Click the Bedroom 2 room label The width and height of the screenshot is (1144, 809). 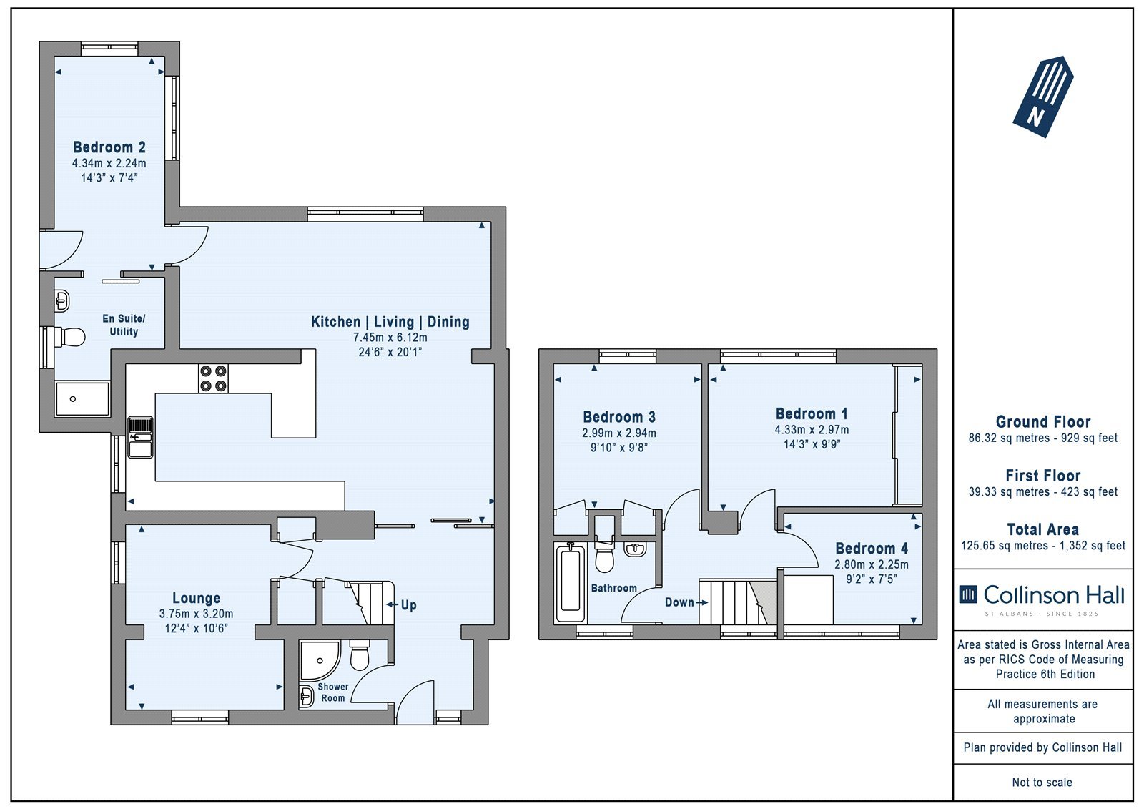(109, 147)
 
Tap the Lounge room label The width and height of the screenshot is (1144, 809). (196, 598)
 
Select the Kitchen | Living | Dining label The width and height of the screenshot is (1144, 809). (390, 322)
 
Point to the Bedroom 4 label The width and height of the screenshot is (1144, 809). (872, 549)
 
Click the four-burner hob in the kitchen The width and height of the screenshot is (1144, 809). (214, 378)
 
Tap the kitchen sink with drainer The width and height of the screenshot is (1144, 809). (140, 437)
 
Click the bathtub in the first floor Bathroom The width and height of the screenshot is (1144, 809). (571, 583)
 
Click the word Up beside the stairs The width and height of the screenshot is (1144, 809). (408, 605)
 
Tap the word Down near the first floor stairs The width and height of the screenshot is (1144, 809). (679, 602)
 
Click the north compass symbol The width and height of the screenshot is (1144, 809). (1043, 97)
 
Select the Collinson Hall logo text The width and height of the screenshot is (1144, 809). (1042, 595)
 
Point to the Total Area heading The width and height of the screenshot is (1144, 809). (1043, 529)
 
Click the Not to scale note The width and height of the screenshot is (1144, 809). (1042, 782)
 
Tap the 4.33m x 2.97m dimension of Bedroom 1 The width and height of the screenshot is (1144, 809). (812, 430)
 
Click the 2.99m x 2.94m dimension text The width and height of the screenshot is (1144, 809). (619, 433)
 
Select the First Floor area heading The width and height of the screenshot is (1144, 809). (1043, 476)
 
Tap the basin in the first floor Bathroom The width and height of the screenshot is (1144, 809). (636, 549)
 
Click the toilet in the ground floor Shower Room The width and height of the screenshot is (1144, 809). (360, 655)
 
